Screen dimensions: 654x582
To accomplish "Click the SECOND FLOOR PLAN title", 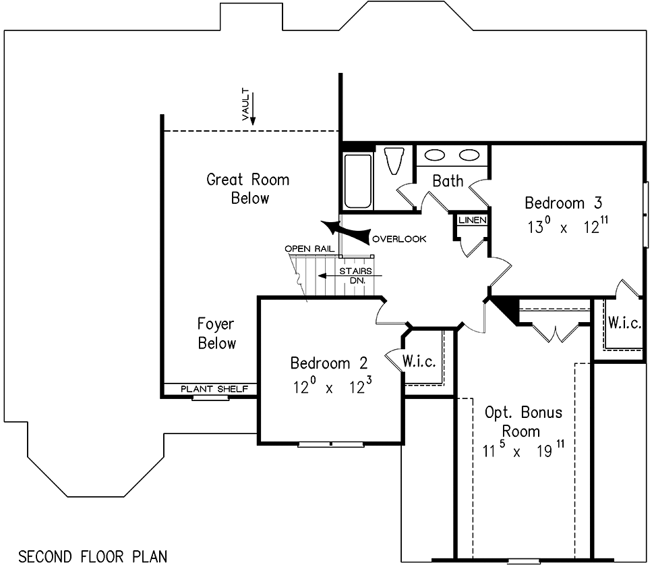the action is pos(92,556).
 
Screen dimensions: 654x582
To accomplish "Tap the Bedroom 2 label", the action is pos(328,363).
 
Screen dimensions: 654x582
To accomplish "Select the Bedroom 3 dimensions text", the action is pos(568,226).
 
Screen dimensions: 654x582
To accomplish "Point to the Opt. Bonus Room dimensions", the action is pos(523,450).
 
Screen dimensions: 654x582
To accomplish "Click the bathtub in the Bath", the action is pos(358,181).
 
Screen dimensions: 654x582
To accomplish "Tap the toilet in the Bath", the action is pos(394,161).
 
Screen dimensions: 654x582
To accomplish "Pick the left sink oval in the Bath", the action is pos(435,155).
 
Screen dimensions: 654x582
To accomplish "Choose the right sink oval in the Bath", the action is pos(469,155).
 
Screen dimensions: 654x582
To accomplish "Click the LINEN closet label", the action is pos(473,220).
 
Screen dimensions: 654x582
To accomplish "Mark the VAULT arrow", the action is pos(252,108).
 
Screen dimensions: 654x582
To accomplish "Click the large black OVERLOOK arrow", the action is pos(345,232).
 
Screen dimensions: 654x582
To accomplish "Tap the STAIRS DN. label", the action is pos(356,275).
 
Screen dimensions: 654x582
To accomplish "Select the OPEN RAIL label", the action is pos(309,249).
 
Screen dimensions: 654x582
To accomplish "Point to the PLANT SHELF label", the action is pos(214,389).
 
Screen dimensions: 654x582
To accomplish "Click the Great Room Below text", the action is pos(248,189).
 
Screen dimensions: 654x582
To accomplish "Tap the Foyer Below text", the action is pos(216,334).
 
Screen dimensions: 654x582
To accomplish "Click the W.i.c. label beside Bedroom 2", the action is pos(419,361).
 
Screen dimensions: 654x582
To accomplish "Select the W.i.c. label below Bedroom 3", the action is pos(624,323).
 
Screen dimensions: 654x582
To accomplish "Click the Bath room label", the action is pos(448,181).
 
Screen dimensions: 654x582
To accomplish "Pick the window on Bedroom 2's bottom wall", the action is pos(331,444).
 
